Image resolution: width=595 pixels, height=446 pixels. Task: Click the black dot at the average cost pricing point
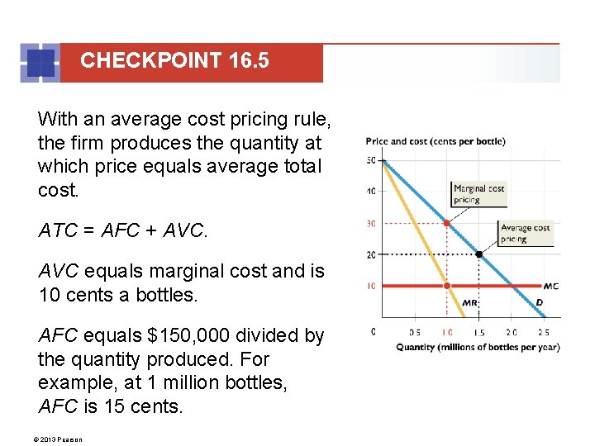(x=478, y=254)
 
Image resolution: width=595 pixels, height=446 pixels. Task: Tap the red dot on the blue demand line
(x=447, y=223)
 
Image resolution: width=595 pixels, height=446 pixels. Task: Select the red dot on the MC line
(x=447, y=286)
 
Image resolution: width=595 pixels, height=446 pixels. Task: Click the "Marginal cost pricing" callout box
(x=478, y=194)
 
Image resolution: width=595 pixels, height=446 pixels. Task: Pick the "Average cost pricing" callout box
(x=525, y=234)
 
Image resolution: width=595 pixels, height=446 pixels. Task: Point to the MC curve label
(x=551, y=287)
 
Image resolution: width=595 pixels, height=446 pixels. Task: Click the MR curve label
(x=469, y=303)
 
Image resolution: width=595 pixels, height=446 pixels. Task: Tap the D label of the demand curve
(x=539, y=302)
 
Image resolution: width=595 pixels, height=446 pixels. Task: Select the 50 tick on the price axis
(x=372, y=159)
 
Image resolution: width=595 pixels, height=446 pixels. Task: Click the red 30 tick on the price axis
(x=372, y=223)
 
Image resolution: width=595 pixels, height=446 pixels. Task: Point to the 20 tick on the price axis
(x=372, y=254)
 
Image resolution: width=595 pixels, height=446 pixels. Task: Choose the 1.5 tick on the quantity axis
(x=479, y=332)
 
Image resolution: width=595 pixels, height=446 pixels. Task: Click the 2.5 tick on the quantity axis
(x=543, y=332)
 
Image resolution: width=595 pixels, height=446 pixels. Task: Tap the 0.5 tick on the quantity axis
(x=415, y=332)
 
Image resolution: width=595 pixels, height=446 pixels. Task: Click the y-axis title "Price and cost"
(x=436, y=141)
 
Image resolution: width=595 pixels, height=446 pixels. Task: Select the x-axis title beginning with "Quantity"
(x=478, y=347)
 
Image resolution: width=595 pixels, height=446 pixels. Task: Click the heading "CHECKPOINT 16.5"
(x=174, y=61)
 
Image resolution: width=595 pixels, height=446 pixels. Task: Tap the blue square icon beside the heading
(x=40, y=64)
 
